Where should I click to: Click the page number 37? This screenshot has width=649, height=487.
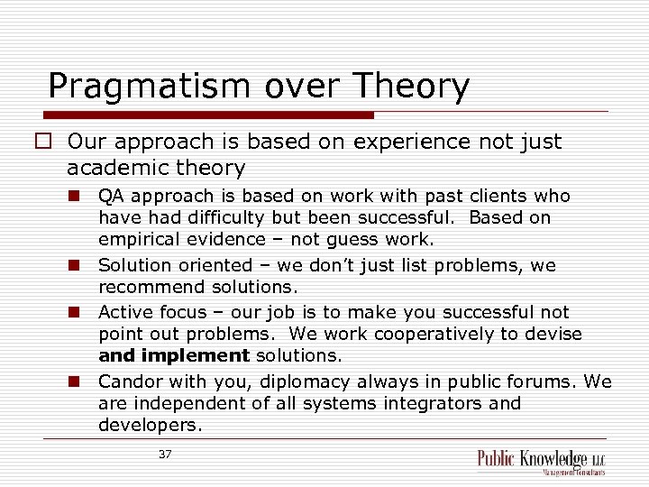[x=165, y=455]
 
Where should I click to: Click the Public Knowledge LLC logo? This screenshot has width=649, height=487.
[x=541, y=461]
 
